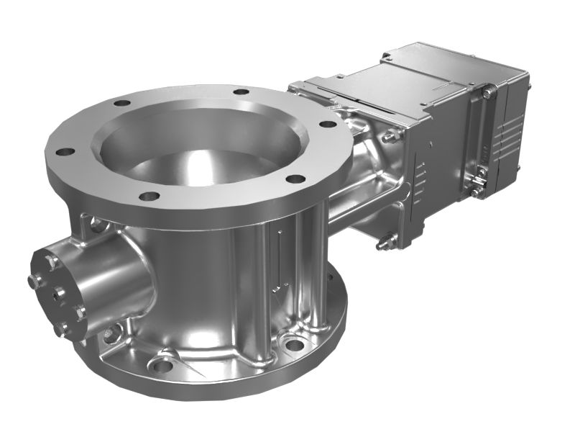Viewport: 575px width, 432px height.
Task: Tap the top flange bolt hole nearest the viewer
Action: click(x=149, y=196)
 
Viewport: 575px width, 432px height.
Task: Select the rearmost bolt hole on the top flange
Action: click(x=241, y=92)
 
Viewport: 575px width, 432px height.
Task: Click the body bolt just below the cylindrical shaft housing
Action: click(x=110, y=333)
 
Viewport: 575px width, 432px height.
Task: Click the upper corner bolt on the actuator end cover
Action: click(x=488, y=92)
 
